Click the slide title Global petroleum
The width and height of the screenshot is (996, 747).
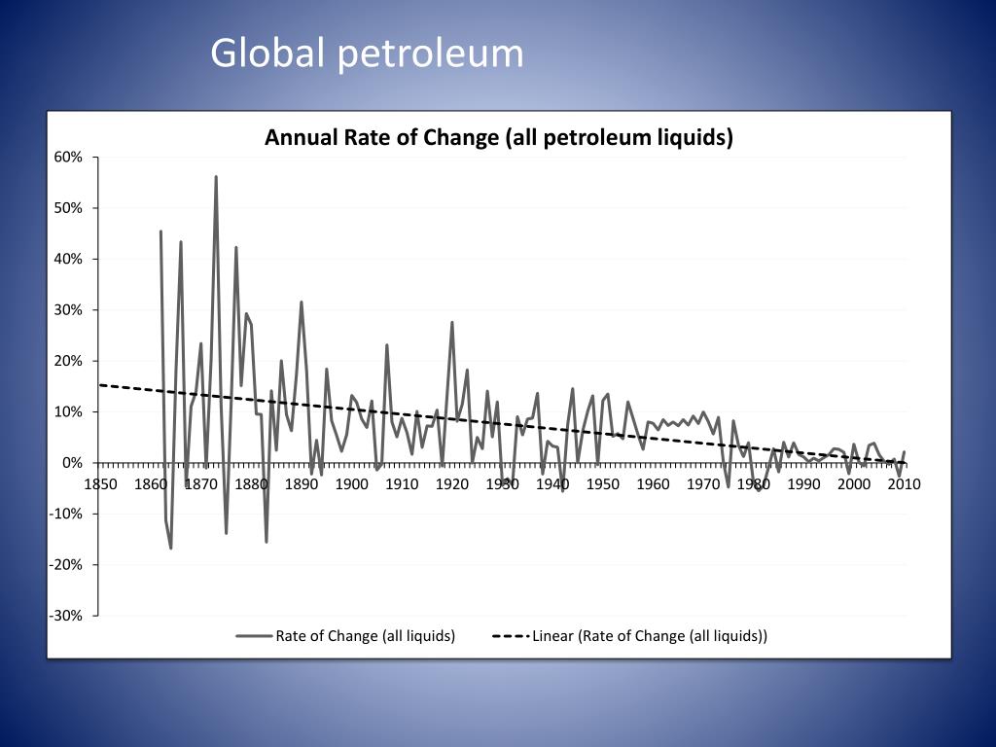click(x=367, y=53)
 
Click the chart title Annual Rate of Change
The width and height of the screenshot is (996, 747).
click(x=498, y=137)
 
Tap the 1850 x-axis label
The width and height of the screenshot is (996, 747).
click(x=100, y=483)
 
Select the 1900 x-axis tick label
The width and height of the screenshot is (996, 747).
click(x=351, y=483)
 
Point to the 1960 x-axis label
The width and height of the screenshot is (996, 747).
click(x=653, y=483)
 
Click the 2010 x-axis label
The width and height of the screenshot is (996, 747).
click(x=904, y=483)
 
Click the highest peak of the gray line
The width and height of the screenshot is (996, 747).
click(x=216, y=177)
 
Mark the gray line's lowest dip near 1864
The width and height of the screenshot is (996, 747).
click(x=171, y=548)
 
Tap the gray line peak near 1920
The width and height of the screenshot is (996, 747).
click(x=452, y=322)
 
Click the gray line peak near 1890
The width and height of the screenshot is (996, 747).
click(x=302, y=302)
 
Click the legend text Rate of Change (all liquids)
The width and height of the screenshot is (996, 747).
click(x=365, y=636)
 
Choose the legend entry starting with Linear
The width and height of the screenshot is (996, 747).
click(x=649, y=636)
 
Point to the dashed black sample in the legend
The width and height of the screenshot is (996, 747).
click(x=510, y=636)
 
